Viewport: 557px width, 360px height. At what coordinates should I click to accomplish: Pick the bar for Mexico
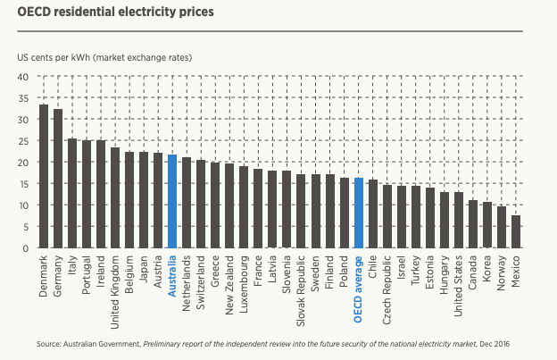(x=515, y=231)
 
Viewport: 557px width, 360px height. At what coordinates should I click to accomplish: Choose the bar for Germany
(x=58, y=179)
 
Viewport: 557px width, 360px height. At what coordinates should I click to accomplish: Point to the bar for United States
(x=458, y=220)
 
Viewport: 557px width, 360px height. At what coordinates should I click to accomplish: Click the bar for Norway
(x=501, y=227)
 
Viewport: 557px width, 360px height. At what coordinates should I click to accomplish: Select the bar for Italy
(x=72, y=193)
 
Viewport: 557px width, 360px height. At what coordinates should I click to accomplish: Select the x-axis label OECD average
(x=358, y=281)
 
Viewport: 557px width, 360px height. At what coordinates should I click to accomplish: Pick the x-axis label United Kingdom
(x=115, y=288)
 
